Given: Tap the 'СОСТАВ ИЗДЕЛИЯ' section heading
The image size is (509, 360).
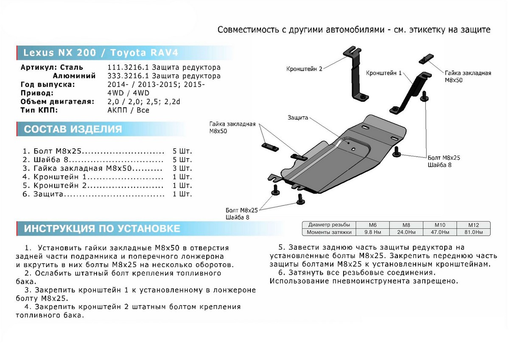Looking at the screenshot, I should pos(73,129).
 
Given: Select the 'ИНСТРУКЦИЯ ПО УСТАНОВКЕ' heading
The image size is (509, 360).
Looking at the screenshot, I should pos(102,229).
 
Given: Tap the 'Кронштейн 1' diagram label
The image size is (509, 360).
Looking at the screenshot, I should pos(384,73).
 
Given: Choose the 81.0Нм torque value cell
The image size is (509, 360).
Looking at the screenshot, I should pos(473,232).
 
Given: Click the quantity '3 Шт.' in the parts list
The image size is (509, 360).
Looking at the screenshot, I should pos(183,169).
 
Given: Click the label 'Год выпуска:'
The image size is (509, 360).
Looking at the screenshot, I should pos(47,84).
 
